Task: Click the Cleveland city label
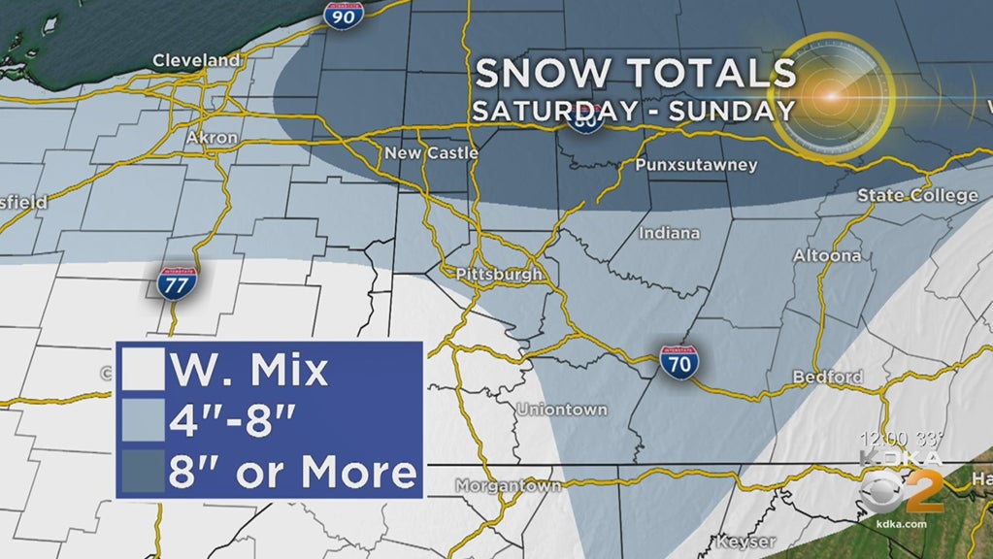click(x=196, y=61)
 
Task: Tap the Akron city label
click(x=211, y=138)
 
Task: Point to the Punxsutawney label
click(x=695, y=165)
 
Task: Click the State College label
click(x=917, y=196)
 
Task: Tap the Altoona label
click(x=827, y=256)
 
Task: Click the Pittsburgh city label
click(x=499, y=275)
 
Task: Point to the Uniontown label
click(x=562, y=410)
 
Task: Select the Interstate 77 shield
click(x=178, y=281)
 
